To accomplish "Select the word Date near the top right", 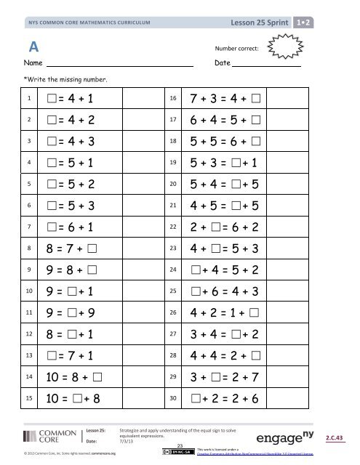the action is point(223,65).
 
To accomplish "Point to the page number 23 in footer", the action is point(178,445).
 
